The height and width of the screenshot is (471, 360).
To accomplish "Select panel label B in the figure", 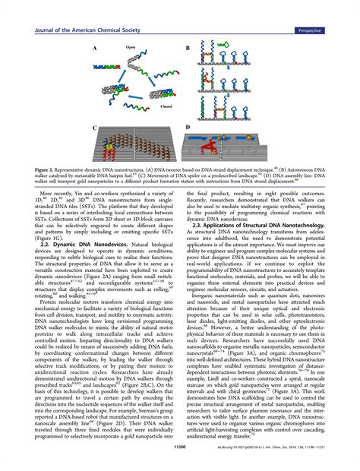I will click(188, 48).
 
